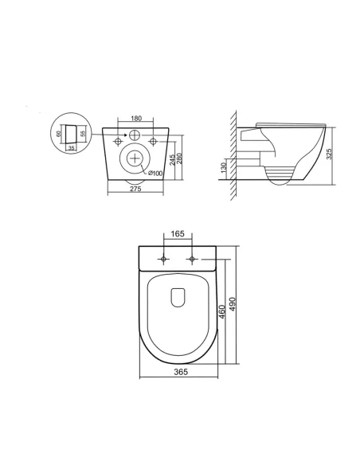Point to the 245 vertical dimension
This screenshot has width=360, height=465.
point(172,158)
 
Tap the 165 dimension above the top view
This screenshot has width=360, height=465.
point(178,234)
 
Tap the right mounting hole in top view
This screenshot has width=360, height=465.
point(193,260)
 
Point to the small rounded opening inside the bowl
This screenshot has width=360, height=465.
point(178,296)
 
